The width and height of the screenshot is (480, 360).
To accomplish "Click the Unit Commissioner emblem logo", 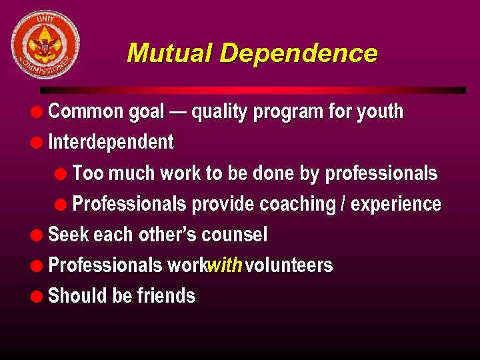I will coord(45,44).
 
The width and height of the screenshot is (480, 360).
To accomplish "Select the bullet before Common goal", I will coord(41,111).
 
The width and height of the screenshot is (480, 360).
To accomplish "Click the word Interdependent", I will coord(111,143).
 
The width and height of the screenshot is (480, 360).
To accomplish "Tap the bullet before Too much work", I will coord(63,173).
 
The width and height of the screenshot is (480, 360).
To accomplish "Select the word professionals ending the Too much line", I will coord(381,174).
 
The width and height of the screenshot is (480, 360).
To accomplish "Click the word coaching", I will coord(297,204).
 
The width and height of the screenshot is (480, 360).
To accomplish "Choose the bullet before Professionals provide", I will coord(63,204).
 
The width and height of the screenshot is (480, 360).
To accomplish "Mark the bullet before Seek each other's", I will coord(41,235).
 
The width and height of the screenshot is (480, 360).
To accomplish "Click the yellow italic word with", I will coord(224,265).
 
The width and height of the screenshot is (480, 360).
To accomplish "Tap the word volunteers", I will coord(289,265).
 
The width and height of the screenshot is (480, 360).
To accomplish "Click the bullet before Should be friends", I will coord(41,296).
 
